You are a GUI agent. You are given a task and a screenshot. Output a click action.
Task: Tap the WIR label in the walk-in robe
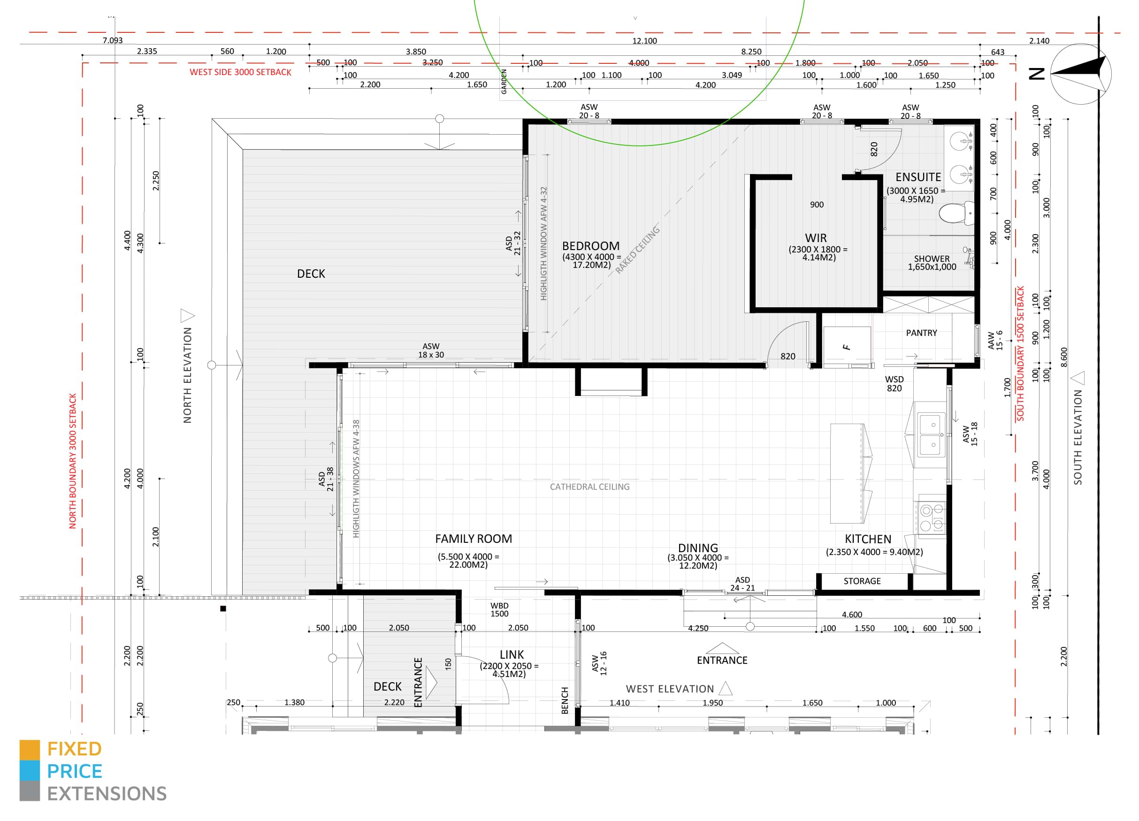[x=816, y=238]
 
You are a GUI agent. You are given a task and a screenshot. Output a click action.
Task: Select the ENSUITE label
[x=918, y=177]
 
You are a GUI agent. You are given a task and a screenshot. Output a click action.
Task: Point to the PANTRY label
[x=922, y=333]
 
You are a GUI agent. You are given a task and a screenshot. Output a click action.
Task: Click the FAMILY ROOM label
[x=474, y=539]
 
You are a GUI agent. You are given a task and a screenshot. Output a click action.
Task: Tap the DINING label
[x=698, y=548]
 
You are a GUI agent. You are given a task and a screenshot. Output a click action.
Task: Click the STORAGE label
[x=862, y=581]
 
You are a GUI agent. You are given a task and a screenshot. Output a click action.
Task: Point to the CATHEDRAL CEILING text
[x=589, y=487]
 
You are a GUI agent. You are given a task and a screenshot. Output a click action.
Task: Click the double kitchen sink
[x=932, y=434]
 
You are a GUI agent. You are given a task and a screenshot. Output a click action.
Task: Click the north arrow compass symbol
[x=1080, y=74]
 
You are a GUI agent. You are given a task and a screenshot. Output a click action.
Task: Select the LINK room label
[x=512, y=655]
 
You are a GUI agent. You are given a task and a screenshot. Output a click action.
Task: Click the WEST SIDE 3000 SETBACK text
[x=241, y=72]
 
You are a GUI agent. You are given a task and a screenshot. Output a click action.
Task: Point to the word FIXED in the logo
[x=74, y=749]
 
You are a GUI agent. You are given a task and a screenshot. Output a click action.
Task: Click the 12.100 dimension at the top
[x=644, y=41]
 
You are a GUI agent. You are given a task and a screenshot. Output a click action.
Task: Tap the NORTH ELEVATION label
[x=187, y=375]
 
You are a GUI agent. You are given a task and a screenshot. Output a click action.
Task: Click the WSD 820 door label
[x=894, y=384]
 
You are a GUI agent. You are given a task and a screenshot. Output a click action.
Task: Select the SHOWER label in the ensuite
[x=932, y=259]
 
